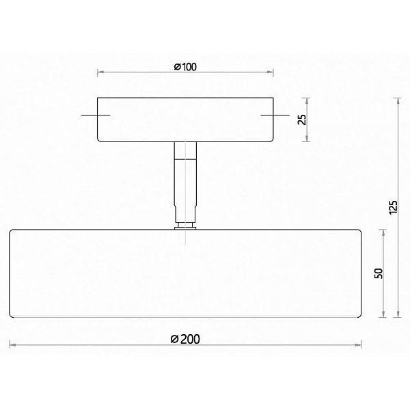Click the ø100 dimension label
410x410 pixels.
(x=185, y=67)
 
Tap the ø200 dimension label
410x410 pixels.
(x=185, y=339)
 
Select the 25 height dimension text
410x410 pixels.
(x=302, y=120)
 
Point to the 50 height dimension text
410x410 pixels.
(x=379, y=273)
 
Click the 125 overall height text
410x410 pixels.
(x=394, y=207)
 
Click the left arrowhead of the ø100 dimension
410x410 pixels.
(x=99, y=72)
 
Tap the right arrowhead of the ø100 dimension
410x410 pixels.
(x=271, y=72)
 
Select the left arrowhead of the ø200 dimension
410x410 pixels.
(x=12, y=345)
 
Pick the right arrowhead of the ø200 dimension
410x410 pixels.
(x=359, y=345)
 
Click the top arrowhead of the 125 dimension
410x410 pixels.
(x=398, y=100)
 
